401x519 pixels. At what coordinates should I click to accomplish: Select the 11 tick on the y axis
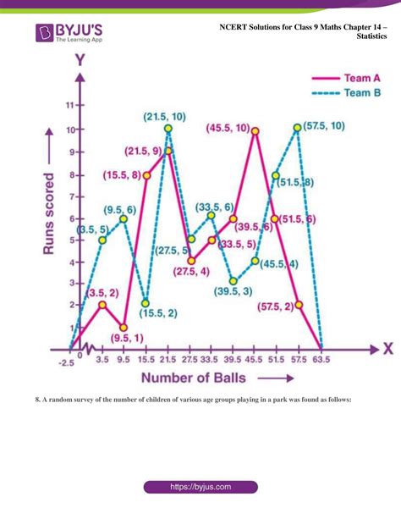tap(69, 106)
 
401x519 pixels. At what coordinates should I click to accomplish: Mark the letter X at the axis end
tap(387, 347)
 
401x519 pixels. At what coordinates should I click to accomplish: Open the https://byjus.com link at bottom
tap(200, 488)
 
